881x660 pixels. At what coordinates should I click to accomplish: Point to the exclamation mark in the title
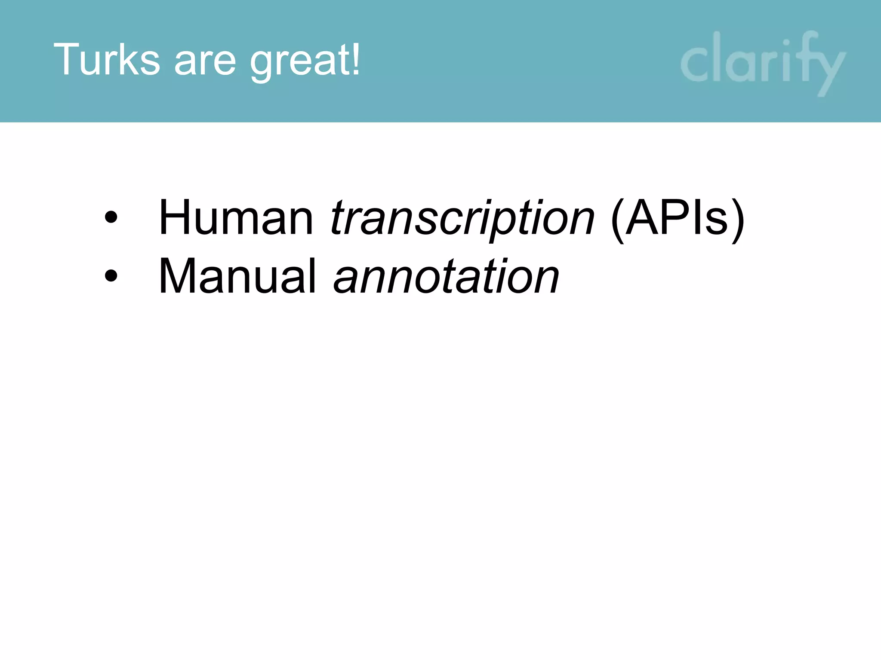click(x=355, y=58)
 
